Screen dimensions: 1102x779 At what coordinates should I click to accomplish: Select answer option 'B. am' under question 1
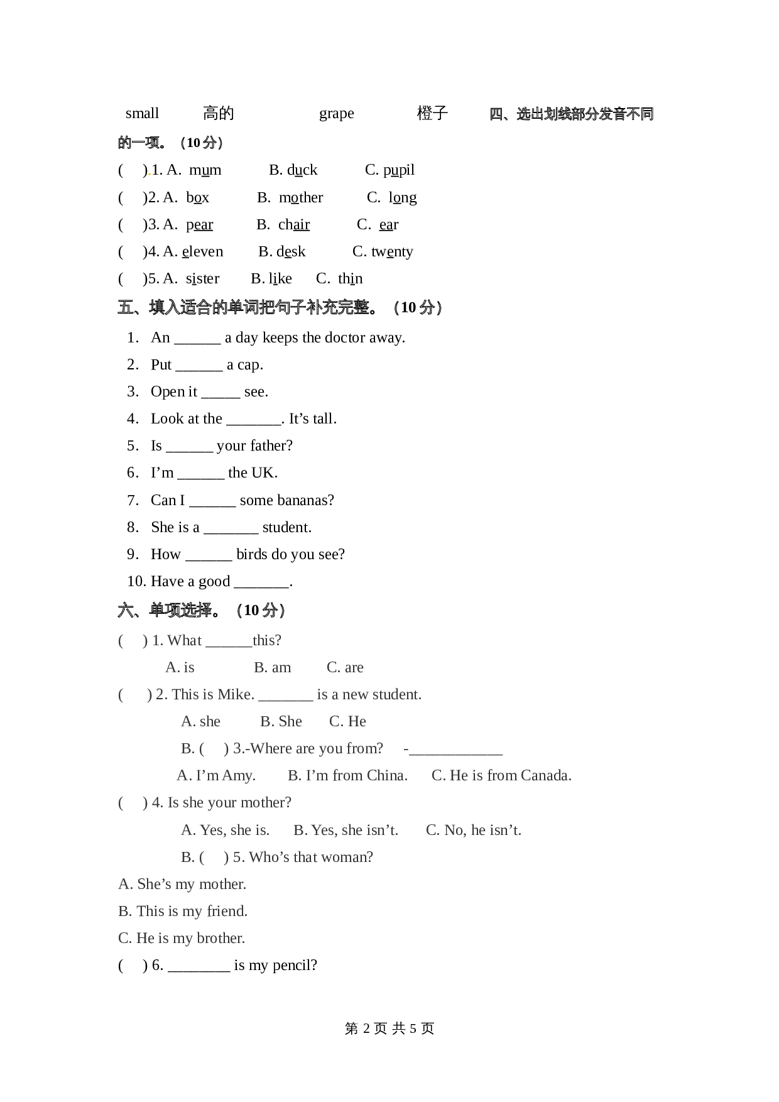pyautogui.click(x=273, y=667)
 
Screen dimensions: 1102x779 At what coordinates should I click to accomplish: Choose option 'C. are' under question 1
pyautogui.click(x=345, y=667)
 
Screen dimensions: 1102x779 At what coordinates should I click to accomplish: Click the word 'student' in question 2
pyautogui.click(x=398, y=694)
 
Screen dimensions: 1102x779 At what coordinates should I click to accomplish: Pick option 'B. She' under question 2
pyautogui.click(x=281, y=721)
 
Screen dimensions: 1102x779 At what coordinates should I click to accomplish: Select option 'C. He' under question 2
pyautogui.click(x=347, y=721)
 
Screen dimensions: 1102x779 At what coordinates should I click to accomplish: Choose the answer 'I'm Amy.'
pyautogui.click(x=226, y=775)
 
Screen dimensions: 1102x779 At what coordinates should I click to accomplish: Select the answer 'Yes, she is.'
pyautogui.click(x=234, y=830)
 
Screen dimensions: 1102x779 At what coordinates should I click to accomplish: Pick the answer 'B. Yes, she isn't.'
pyautogui.click(x=346, y=830)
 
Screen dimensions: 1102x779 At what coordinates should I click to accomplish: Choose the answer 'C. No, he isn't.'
pyautogui.click(x=473, y=830)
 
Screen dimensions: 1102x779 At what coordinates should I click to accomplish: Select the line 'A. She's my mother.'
pyautogui.click(x=182, y=884)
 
